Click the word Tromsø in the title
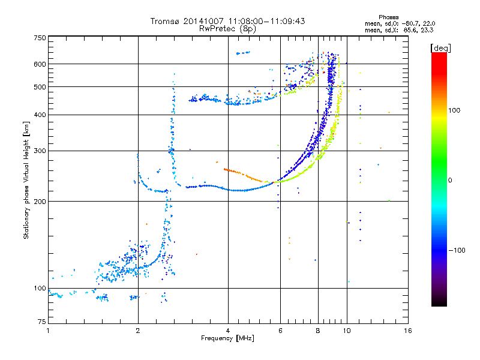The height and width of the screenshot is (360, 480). click(166, 21)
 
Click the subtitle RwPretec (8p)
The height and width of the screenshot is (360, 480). click(227, 29)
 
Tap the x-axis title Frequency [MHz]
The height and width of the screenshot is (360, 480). click(227, 338)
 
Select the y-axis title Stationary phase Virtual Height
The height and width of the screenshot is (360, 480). click(26, 180)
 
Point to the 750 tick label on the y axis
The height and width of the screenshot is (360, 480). click(40, 38)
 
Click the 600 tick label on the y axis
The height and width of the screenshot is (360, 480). click(40, 64)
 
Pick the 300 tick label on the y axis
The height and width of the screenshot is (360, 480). click(40, 151)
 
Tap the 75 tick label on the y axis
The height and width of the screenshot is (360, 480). click(42, 322)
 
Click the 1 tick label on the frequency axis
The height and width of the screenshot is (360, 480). click(48, 331)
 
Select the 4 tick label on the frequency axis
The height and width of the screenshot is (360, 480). click(228, 331)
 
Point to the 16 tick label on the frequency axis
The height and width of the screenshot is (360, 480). click(408, 331)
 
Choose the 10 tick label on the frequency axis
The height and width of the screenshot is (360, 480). click(347, 331)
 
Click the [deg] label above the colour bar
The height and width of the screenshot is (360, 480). click(440, 48)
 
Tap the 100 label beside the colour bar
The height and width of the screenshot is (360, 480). click(454, 110)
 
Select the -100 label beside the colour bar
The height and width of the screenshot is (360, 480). click(457, 250)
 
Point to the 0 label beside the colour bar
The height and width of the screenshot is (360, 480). click(450, 180)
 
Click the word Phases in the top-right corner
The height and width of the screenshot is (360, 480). click(388, 17)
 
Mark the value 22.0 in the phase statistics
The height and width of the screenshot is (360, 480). click(429, 23)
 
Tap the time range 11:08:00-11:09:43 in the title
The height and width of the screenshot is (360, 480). click(266, 21)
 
